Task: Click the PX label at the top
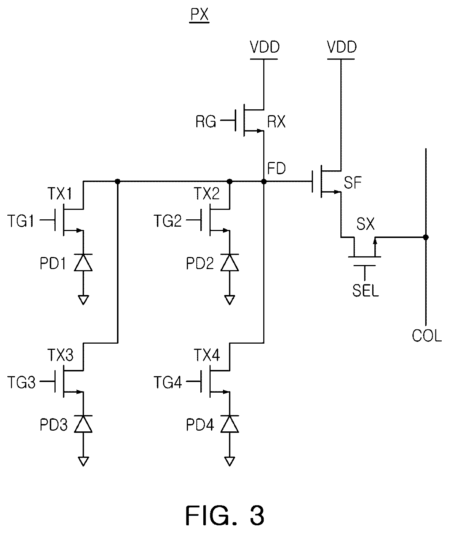(200, 15)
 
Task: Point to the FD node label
(276, 168)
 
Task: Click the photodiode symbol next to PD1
(83, 262)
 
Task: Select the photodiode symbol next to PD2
(230, 262)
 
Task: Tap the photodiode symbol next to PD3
(83, 424)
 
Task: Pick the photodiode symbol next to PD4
(230, 424)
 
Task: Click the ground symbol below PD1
(83, 300)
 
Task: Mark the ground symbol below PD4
(230, 461)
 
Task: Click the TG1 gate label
(21, 221)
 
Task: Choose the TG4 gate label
(167, 382)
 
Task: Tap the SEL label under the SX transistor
(366, 290)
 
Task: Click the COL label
(427, 336)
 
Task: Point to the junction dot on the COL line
(426, 237)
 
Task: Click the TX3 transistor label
(61, 355)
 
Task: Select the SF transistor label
(353, 182)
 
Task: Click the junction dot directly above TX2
(230, 181)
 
